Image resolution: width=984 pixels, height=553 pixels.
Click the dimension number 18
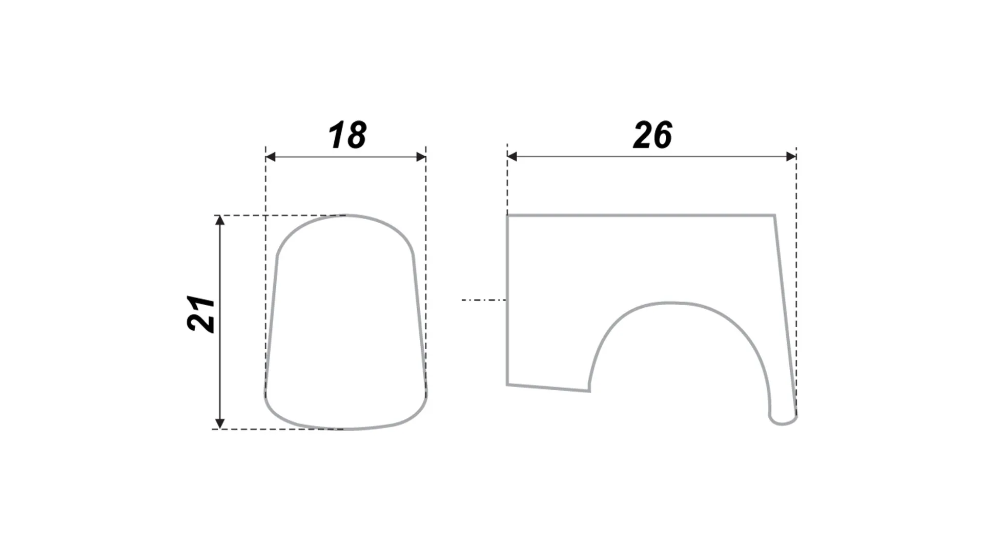[347, 135]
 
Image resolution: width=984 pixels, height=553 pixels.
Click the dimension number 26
[652, 135]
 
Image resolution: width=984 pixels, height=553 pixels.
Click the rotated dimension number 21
[201, 313]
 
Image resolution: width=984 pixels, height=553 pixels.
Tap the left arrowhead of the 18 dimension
[271, 157]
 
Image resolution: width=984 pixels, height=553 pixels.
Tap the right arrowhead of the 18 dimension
[421, 157]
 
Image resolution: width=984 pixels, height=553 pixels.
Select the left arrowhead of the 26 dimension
[512, 157]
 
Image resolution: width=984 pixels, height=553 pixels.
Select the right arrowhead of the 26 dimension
[791, 157]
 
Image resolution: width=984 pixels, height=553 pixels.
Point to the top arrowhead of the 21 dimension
[220, 221]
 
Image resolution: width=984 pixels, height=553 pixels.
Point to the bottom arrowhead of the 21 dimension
[220, 424]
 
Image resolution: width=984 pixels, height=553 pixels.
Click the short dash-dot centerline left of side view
[484, 300]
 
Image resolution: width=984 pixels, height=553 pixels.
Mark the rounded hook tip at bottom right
[783, 419]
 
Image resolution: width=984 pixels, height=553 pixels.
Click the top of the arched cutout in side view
[672, 303]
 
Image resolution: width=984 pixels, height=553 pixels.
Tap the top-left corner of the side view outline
[507, 216]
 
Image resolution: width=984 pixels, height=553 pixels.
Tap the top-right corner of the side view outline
[774, 216]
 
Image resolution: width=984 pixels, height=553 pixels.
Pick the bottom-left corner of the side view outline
[507, 385]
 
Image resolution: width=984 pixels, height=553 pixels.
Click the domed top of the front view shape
[345, 216]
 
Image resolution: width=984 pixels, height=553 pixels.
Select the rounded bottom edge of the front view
[346, 428]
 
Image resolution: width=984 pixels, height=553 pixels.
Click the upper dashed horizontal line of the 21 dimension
[279, 216]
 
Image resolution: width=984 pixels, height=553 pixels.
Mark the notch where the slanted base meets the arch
[589, 391]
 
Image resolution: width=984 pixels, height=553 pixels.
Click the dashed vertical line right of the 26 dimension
[796, 282]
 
